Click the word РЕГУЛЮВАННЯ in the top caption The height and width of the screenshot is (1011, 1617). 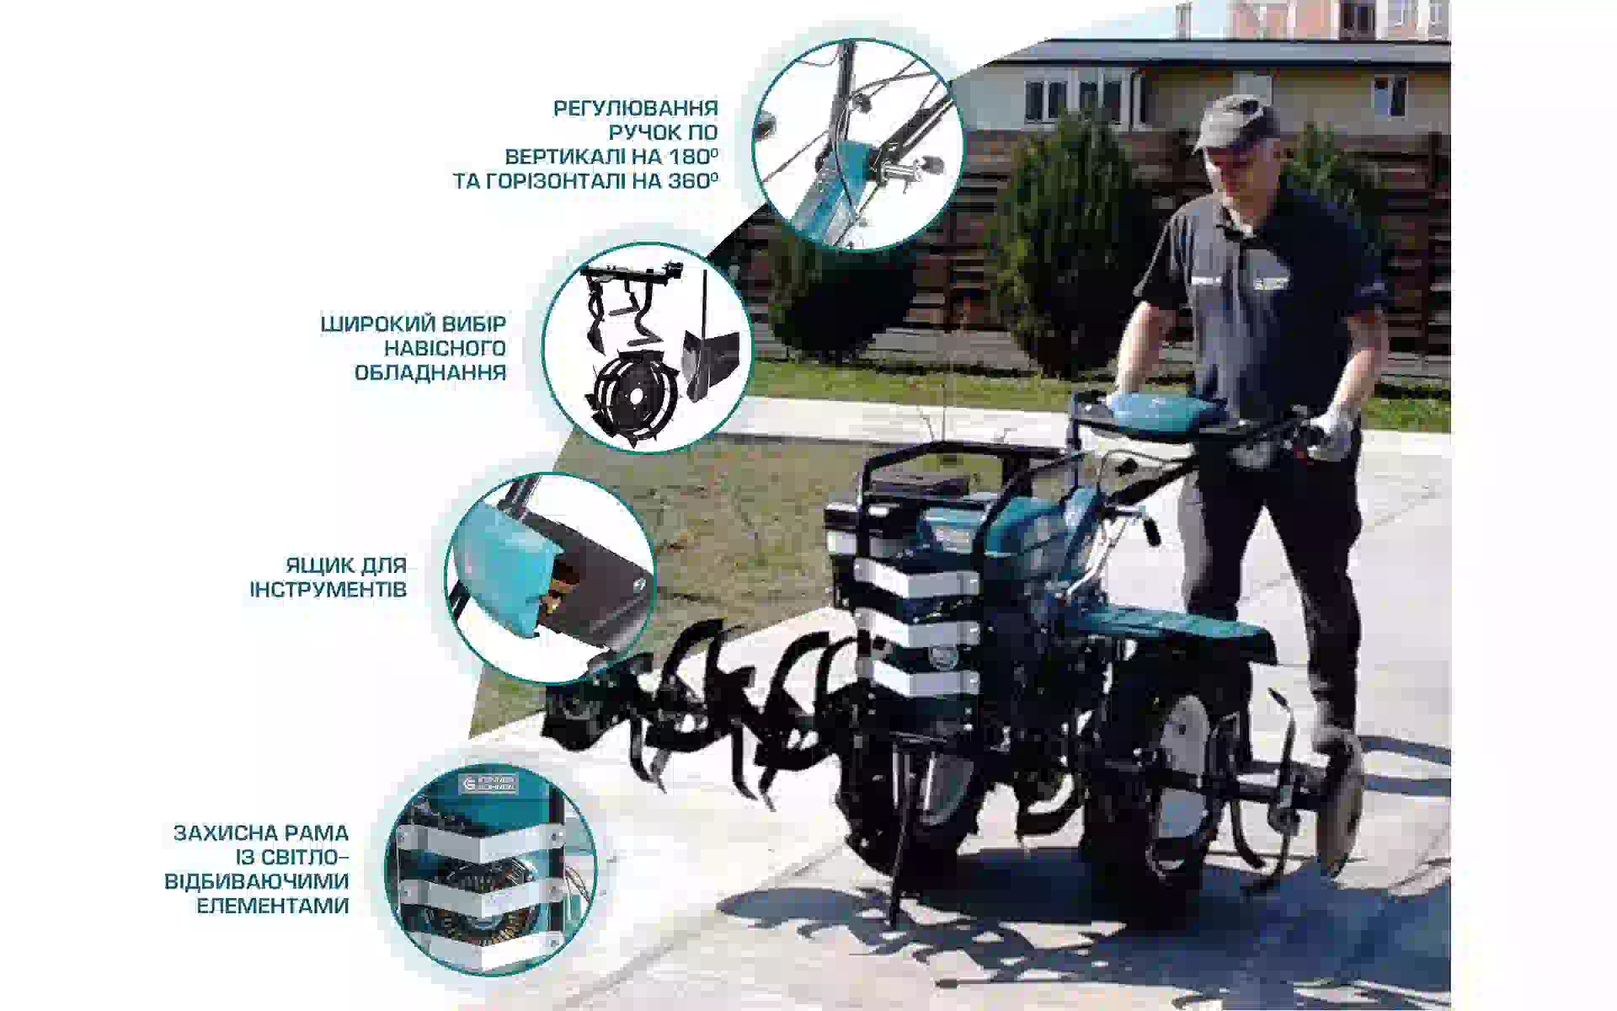(635, 109)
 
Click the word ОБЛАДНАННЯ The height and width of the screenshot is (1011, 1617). (430, 373)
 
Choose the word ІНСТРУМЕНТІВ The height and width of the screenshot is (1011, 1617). (328, 590)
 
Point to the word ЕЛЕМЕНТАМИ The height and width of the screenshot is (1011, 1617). (273, 907)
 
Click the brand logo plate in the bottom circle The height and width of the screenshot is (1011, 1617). (490, 784)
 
